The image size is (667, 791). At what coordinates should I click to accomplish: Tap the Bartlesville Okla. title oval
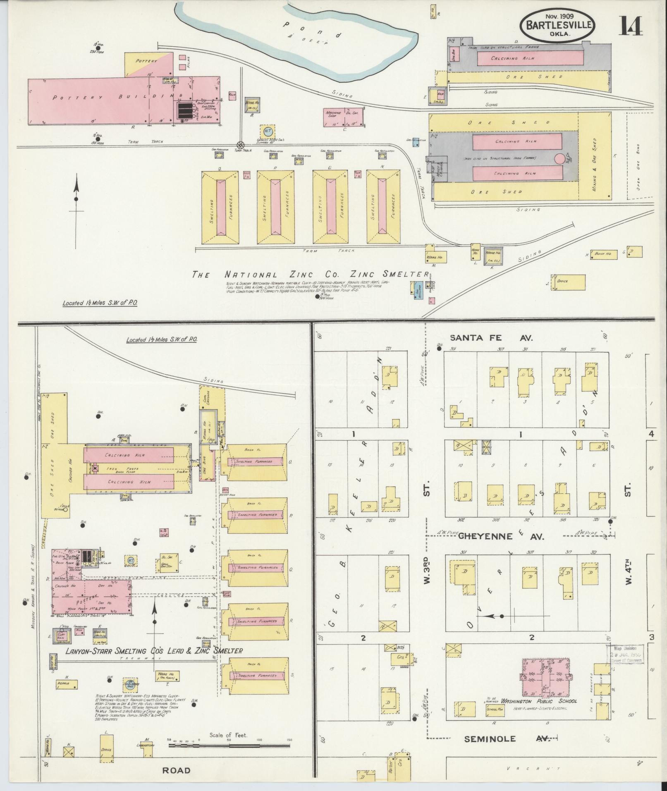point(558,25)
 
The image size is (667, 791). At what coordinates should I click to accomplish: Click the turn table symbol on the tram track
point(239,145)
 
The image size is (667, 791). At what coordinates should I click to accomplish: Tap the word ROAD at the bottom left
point(176,770)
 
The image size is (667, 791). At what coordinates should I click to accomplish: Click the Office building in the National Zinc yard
point(567,282)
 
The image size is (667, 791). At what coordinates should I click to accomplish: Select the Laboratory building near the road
point(146,748)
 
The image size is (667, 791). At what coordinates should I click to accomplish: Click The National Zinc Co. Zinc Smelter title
point(310,275)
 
